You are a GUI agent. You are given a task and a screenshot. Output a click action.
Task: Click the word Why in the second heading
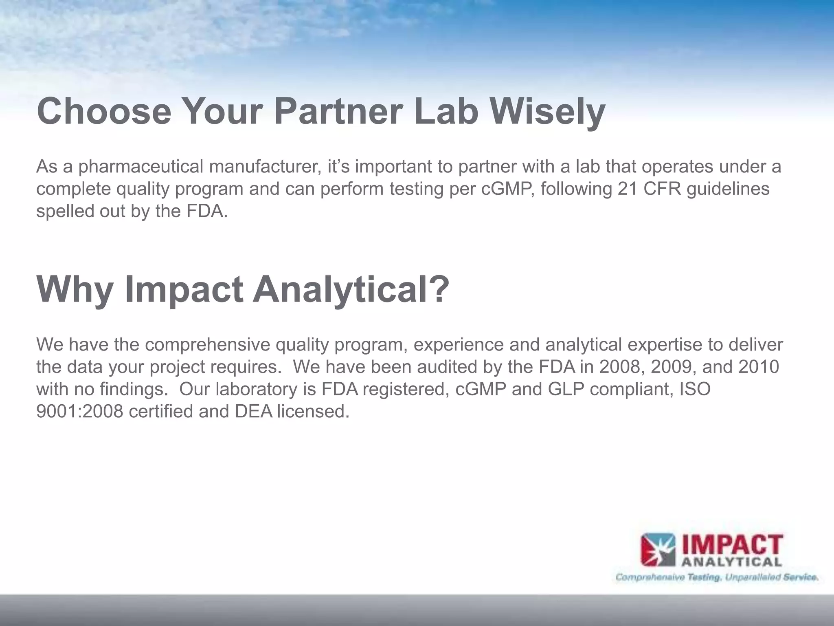point(75,290)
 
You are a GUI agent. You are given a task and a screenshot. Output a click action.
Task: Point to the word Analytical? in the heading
point(351,290)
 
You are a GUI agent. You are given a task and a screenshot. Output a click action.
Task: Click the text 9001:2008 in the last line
point(79,412)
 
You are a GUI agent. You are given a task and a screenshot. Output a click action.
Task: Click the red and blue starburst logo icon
point(658,550)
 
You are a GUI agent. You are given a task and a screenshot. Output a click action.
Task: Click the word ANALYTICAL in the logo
point(731,563)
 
